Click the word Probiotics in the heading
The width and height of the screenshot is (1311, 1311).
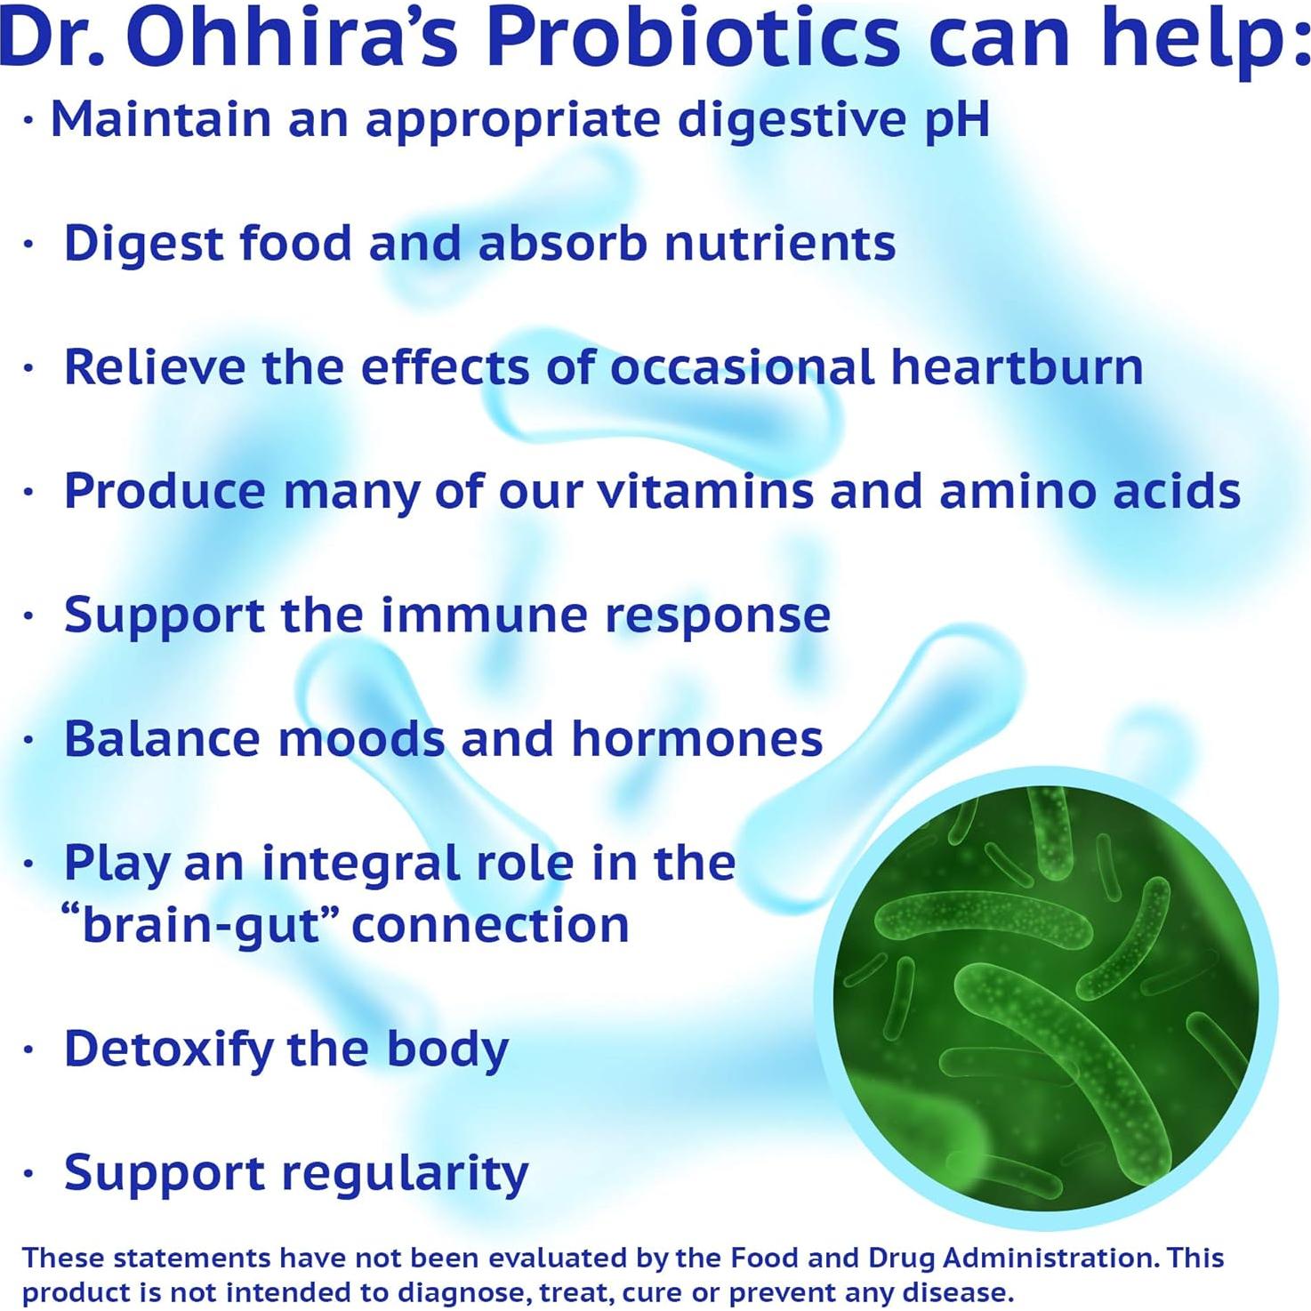[x=693, y=40]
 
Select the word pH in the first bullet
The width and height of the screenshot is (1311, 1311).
[x=956, y=120]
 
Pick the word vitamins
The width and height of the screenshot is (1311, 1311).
[x=705, y=491]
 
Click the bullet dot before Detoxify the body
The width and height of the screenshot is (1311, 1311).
[x=29, y=1050]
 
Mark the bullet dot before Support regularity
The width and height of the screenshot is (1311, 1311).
[x=29, y=1174]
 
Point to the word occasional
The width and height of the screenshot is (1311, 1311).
[x=742, y=366]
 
